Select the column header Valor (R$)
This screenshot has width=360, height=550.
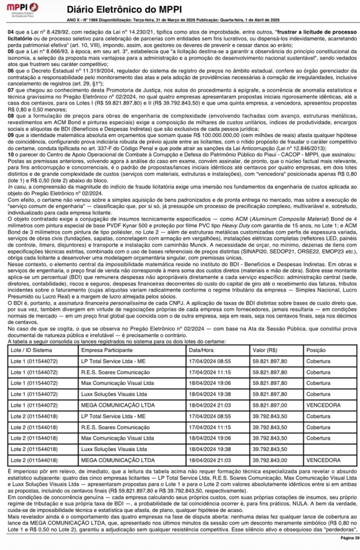click(265, 351)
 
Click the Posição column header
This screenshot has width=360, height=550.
click(316, 351)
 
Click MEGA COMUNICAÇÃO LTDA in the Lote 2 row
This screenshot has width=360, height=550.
click(118, 460)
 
